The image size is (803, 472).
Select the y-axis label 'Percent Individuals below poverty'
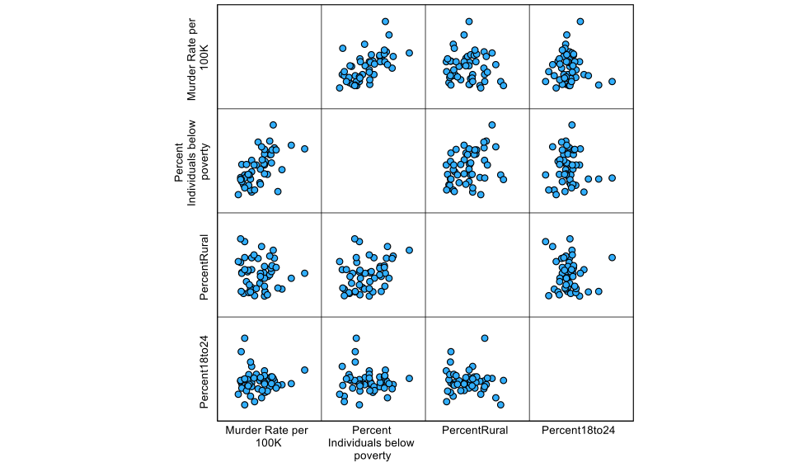(192, 160)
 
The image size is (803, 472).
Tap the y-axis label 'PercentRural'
(204, 265)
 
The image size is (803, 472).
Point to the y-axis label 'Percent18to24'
(204, 369)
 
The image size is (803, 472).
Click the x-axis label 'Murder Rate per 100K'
(266, 437)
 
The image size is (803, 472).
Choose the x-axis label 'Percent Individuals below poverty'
(371, 443)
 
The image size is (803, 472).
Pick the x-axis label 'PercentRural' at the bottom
(475, 430)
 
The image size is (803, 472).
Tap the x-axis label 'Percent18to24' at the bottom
(579, 430)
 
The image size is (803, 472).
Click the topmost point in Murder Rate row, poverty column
(385, 21)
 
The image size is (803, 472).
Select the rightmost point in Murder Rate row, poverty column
(409, 53)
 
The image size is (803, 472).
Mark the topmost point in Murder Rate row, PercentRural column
(468, 21)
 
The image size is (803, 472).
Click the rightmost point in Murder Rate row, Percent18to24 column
(612, 82)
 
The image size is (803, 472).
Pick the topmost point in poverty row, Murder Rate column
(273, 125)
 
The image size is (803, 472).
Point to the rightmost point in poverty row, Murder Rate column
(304, 149)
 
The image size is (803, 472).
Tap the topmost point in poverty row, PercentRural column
(491, 125)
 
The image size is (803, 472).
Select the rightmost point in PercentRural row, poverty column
(409, 250)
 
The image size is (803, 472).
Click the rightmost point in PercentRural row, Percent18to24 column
(612, 257)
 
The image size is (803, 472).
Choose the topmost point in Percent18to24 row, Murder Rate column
(244, 338)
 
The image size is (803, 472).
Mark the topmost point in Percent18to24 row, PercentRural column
(484, 338)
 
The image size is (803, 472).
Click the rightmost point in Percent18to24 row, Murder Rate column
(304, 370)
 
